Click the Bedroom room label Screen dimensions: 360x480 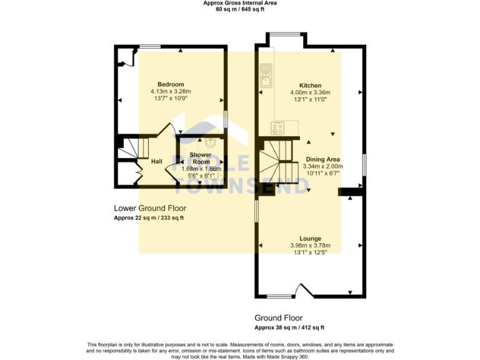coord(170,84)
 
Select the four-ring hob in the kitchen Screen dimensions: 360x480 coord(277,128)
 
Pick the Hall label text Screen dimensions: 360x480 coord(157,161)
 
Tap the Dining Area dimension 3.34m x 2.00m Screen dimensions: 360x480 coord(322,166)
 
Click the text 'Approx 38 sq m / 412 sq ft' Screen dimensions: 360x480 coord(289,327)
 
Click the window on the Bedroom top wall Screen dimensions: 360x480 coord(150,46)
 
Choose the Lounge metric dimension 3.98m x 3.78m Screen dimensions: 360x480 coord(310,246)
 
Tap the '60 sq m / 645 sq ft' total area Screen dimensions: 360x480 coord(240,10)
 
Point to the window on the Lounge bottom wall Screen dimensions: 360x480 coord(280,296)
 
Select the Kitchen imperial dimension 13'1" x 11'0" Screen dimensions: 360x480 coord(310,99)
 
